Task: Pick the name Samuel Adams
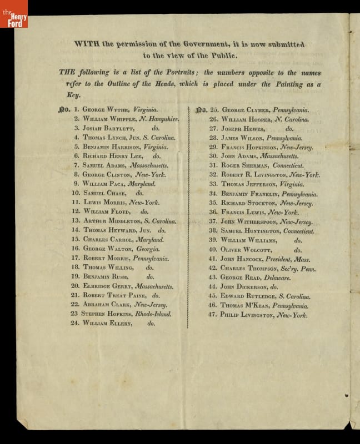104,166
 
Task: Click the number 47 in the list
212,315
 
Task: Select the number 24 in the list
75,323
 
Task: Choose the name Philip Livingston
248,315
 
